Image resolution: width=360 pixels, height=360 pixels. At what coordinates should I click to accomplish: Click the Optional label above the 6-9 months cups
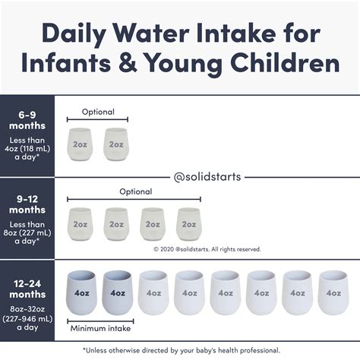coord(97,112)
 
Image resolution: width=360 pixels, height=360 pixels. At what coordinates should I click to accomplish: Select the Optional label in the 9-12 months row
coord(135,192)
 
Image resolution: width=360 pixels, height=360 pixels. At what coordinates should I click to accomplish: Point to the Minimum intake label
coord(100,328)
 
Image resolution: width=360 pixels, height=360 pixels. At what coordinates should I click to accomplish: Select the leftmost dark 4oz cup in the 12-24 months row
coord(81,292)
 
